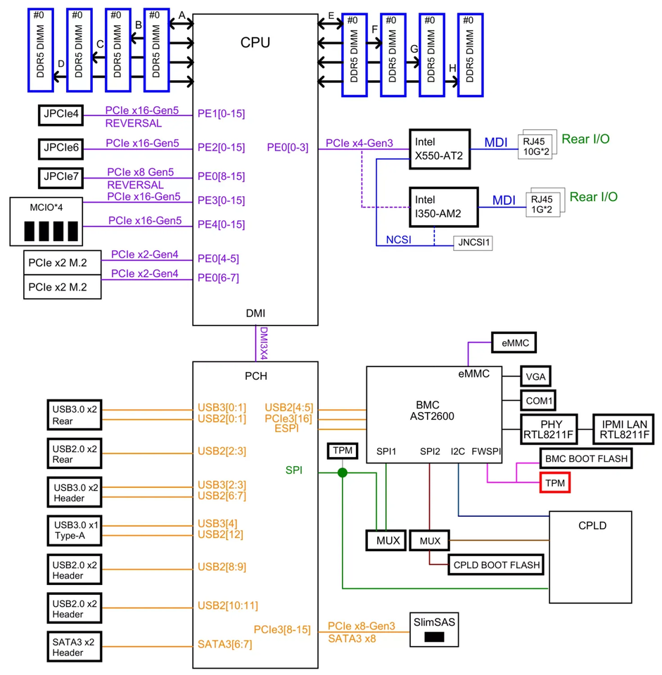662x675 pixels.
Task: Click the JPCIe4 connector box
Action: [x=60, y=112]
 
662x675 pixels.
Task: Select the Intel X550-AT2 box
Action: [x=438, y=148]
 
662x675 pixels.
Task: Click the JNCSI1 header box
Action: [x=473, y=243]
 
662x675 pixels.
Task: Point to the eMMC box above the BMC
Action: [x=514, y=342]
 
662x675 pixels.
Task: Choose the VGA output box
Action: [x=537, y=375]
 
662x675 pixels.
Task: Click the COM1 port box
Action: [x=538, y=400]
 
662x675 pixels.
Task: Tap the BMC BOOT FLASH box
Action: [x=585, y=458]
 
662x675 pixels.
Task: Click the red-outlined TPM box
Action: [x=554, y=483]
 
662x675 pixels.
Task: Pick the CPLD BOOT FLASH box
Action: [x=497, y=565]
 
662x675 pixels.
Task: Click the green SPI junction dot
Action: [x=342, y=472]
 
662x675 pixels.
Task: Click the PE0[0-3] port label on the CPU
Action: [x=287, y=148]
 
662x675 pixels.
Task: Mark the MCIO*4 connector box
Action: [x=46, y=221]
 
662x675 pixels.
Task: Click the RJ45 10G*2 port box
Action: [x=537, y=144]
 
